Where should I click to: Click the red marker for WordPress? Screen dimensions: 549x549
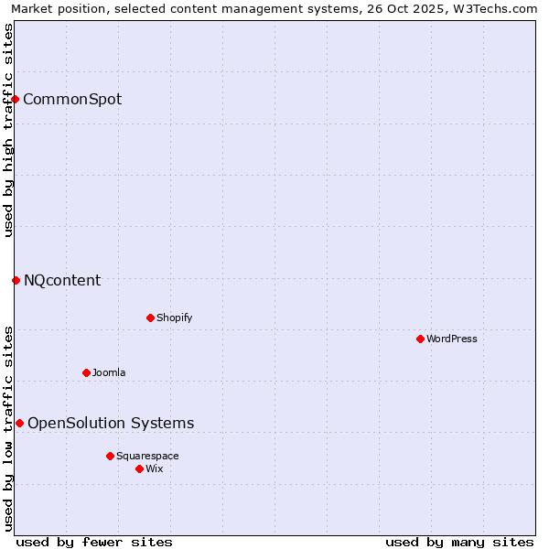[x=420, y=339]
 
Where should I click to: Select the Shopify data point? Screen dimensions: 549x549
[x=150, y=318]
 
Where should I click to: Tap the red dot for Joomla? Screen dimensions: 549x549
[x=86, y=372]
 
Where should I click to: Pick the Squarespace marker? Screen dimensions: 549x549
[x=110, y=456]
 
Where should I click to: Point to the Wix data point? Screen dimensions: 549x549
[x=139, y=468]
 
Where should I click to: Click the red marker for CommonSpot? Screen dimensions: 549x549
[x=16, y=99]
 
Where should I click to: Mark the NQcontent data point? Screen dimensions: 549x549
[x=16, y=280]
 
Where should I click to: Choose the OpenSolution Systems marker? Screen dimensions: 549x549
[x=19, y=423]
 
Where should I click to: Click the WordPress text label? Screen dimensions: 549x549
[x=452, y=339]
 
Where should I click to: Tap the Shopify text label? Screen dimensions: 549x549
[x=174, y=318]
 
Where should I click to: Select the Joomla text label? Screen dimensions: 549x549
[x=109, y=372]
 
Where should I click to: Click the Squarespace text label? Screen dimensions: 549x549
[x=147, y=456]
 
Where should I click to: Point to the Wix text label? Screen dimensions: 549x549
[x=154, y=468]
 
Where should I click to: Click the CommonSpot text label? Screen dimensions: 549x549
[x=72, y=99]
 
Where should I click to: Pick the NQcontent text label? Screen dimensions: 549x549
[x=62, y=280]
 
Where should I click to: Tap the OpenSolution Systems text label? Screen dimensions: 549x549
[x=111, y=423]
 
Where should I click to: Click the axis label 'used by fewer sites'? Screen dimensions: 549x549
[x=94, y=542]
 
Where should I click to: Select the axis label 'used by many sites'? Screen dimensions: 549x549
[x=459, y=542]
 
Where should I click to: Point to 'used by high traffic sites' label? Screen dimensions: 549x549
[x=8, y=130]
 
